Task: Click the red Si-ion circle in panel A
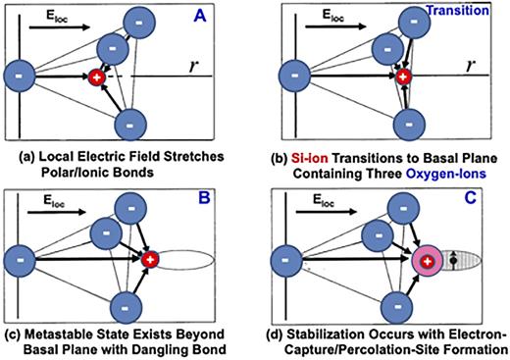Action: [x=96, y=76]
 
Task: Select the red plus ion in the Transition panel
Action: [x=403, y=76]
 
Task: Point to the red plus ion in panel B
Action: [x=150, y=260]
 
